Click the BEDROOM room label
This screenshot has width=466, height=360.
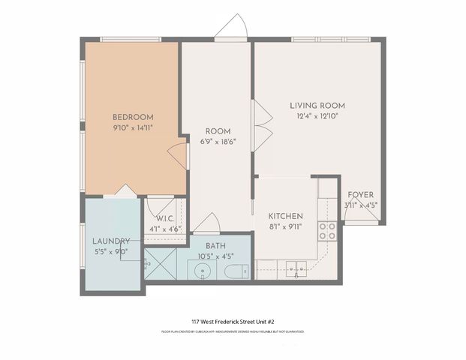(x=133, y=117)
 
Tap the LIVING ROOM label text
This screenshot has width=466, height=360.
(x=317, y=106)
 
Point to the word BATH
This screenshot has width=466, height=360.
(x=216, y=246)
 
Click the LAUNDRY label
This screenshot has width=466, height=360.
(x=111, y=241)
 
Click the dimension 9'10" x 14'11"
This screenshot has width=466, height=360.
(x=133, y=128)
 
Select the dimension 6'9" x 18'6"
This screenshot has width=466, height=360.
(x=218, y=141)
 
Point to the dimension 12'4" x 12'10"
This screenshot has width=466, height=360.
(x=317, y=116)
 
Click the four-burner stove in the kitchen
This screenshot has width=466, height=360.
(x=326, y=231)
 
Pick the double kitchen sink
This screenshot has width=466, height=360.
(x=295, y=267)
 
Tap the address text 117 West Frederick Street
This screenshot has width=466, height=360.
(x=233, y=321)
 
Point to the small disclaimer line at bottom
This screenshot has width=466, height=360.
(x=233, y=331)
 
